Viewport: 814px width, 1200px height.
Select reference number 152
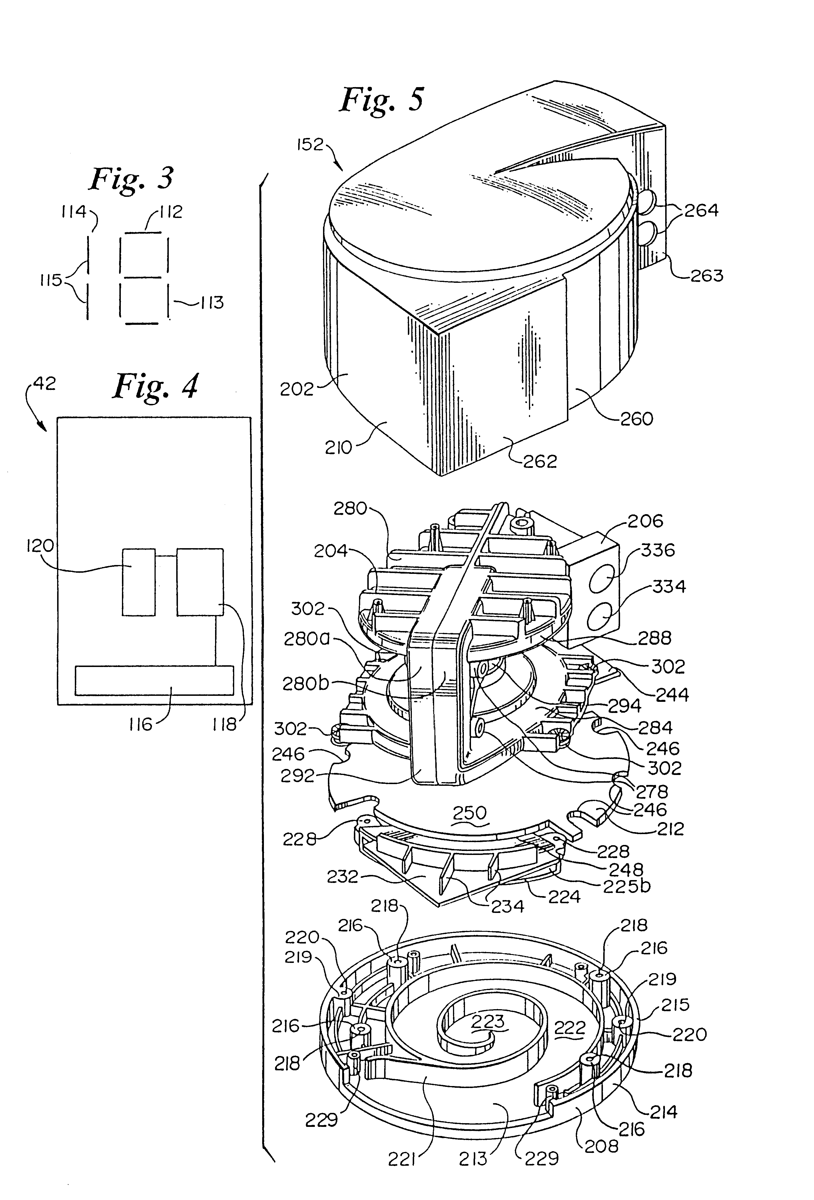[x=310, y=145]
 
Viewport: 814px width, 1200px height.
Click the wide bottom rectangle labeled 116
[x=154, y=680]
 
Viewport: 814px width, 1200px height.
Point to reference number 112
[x=171, y=212]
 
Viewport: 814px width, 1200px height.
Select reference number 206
[x=645, y=521]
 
